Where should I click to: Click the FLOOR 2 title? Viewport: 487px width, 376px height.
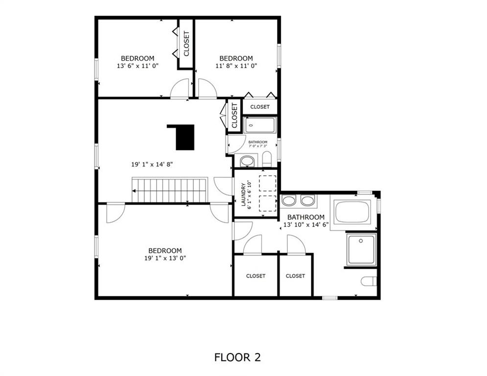point(237,357)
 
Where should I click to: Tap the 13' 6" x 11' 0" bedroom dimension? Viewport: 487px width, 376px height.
point(138,66)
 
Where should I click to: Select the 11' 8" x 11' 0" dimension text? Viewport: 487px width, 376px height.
point(236,66)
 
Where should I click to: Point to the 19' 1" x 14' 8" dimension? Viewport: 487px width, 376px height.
point(152,164)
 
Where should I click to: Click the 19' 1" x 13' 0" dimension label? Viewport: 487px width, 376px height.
point(165,258)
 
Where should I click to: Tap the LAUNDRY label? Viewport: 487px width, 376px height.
point(243,194)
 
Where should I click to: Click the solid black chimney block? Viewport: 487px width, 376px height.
point(183,137)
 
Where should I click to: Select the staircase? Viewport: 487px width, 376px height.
point(169,190)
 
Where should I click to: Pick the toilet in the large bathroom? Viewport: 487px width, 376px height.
point(369,281)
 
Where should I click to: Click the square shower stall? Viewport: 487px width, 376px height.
point(361,249)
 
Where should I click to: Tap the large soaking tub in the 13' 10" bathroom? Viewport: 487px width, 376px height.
point(352,211)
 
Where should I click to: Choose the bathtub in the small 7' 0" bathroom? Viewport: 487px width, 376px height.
point(259,125)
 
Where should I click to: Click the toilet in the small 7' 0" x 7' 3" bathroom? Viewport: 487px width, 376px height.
point(267,159)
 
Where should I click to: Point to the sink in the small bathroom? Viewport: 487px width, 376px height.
point(247,161)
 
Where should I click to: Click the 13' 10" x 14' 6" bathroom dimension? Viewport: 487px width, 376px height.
point(306,225)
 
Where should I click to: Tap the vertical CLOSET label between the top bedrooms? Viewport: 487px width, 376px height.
point(186,44)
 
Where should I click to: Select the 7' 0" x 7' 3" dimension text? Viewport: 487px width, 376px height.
point(258,145)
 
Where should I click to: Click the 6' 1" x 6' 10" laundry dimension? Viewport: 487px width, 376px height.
point(249,194)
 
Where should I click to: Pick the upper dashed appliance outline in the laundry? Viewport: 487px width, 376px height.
point(267,183)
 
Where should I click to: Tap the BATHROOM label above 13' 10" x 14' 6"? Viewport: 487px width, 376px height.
point(305,217)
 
